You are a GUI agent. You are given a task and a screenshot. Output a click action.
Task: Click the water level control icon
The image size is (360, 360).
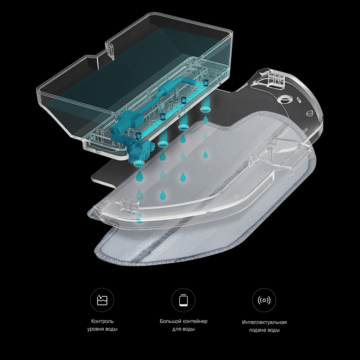(x=102, y=300)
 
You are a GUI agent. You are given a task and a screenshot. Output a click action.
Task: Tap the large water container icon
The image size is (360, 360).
(x=183, y=300)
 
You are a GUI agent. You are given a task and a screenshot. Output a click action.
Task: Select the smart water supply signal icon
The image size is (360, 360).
(x=264, y=300)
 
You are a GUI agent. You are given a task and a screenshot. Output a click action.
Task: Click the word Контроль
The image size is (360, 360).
(x=102, y=321)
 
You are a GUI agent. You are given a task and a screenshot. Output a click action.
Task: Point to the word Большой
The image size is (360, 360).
(x=171, y=321)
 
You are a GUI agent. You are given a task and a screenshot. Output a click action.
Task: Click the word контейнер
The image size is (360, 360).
(x=195, y=321)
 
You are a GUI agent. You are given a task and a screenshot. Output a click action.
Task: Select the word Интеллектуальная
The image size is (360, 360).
(x=264, y=322)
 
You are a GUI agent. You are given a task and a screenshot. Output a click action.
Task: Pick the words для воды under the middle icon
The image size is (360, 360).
(x=184, y=329)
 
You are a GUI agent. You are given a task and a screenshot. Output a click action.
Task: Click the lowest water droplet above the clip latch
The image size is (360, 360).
(x=139, y=218)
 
